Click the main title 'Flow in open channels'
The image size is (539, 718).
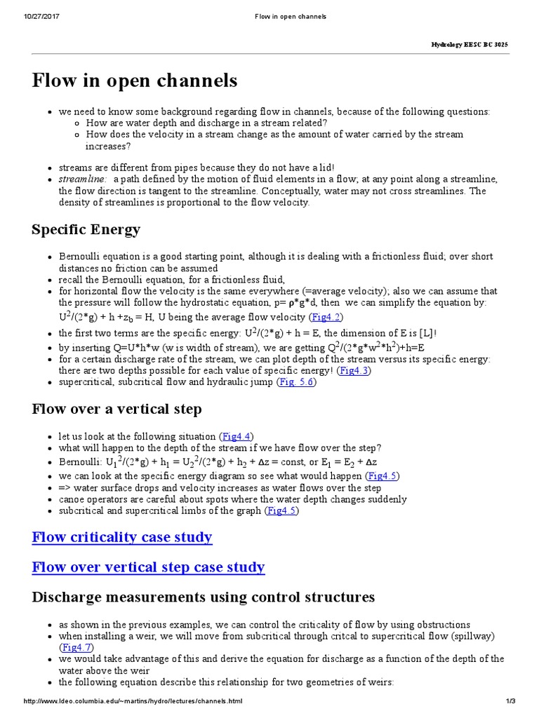pos(135,81)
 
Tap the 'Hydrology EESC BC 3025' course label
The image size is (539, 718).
pos(470,44)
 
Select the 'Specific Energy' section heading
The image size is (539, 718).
pos(86,229)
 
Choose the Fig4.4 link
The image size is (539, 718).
pos(237,435)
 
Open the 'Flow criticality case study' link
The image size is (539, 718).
pos(122,538)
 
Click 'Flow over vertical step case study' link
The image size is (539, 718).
pos(148,567)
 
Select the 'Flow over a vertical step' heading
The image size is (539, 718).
pos(117,409)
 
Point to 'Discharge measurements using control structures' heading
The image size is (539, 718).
pos(204,597)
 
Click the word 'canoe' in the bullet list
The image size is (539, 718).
pos(72,499)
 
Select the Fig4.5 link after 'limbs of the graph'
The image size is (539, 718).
pos(282,510)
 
